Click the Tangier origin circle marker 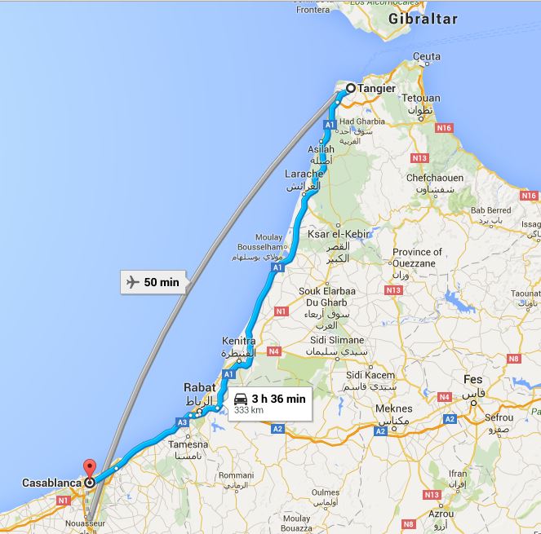(350, 89)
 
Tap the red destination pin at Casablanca (90, 470)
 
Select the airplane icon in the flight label (132, 282)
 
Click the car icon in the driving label (241, 399)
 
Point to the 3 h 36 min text (278, 399)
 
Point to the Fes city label (472, 379)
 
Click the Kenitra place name (239, 341)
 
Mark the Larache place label (304, 174)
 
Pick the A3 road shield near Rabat (182, 421)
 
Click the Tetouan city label (420, 99)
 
